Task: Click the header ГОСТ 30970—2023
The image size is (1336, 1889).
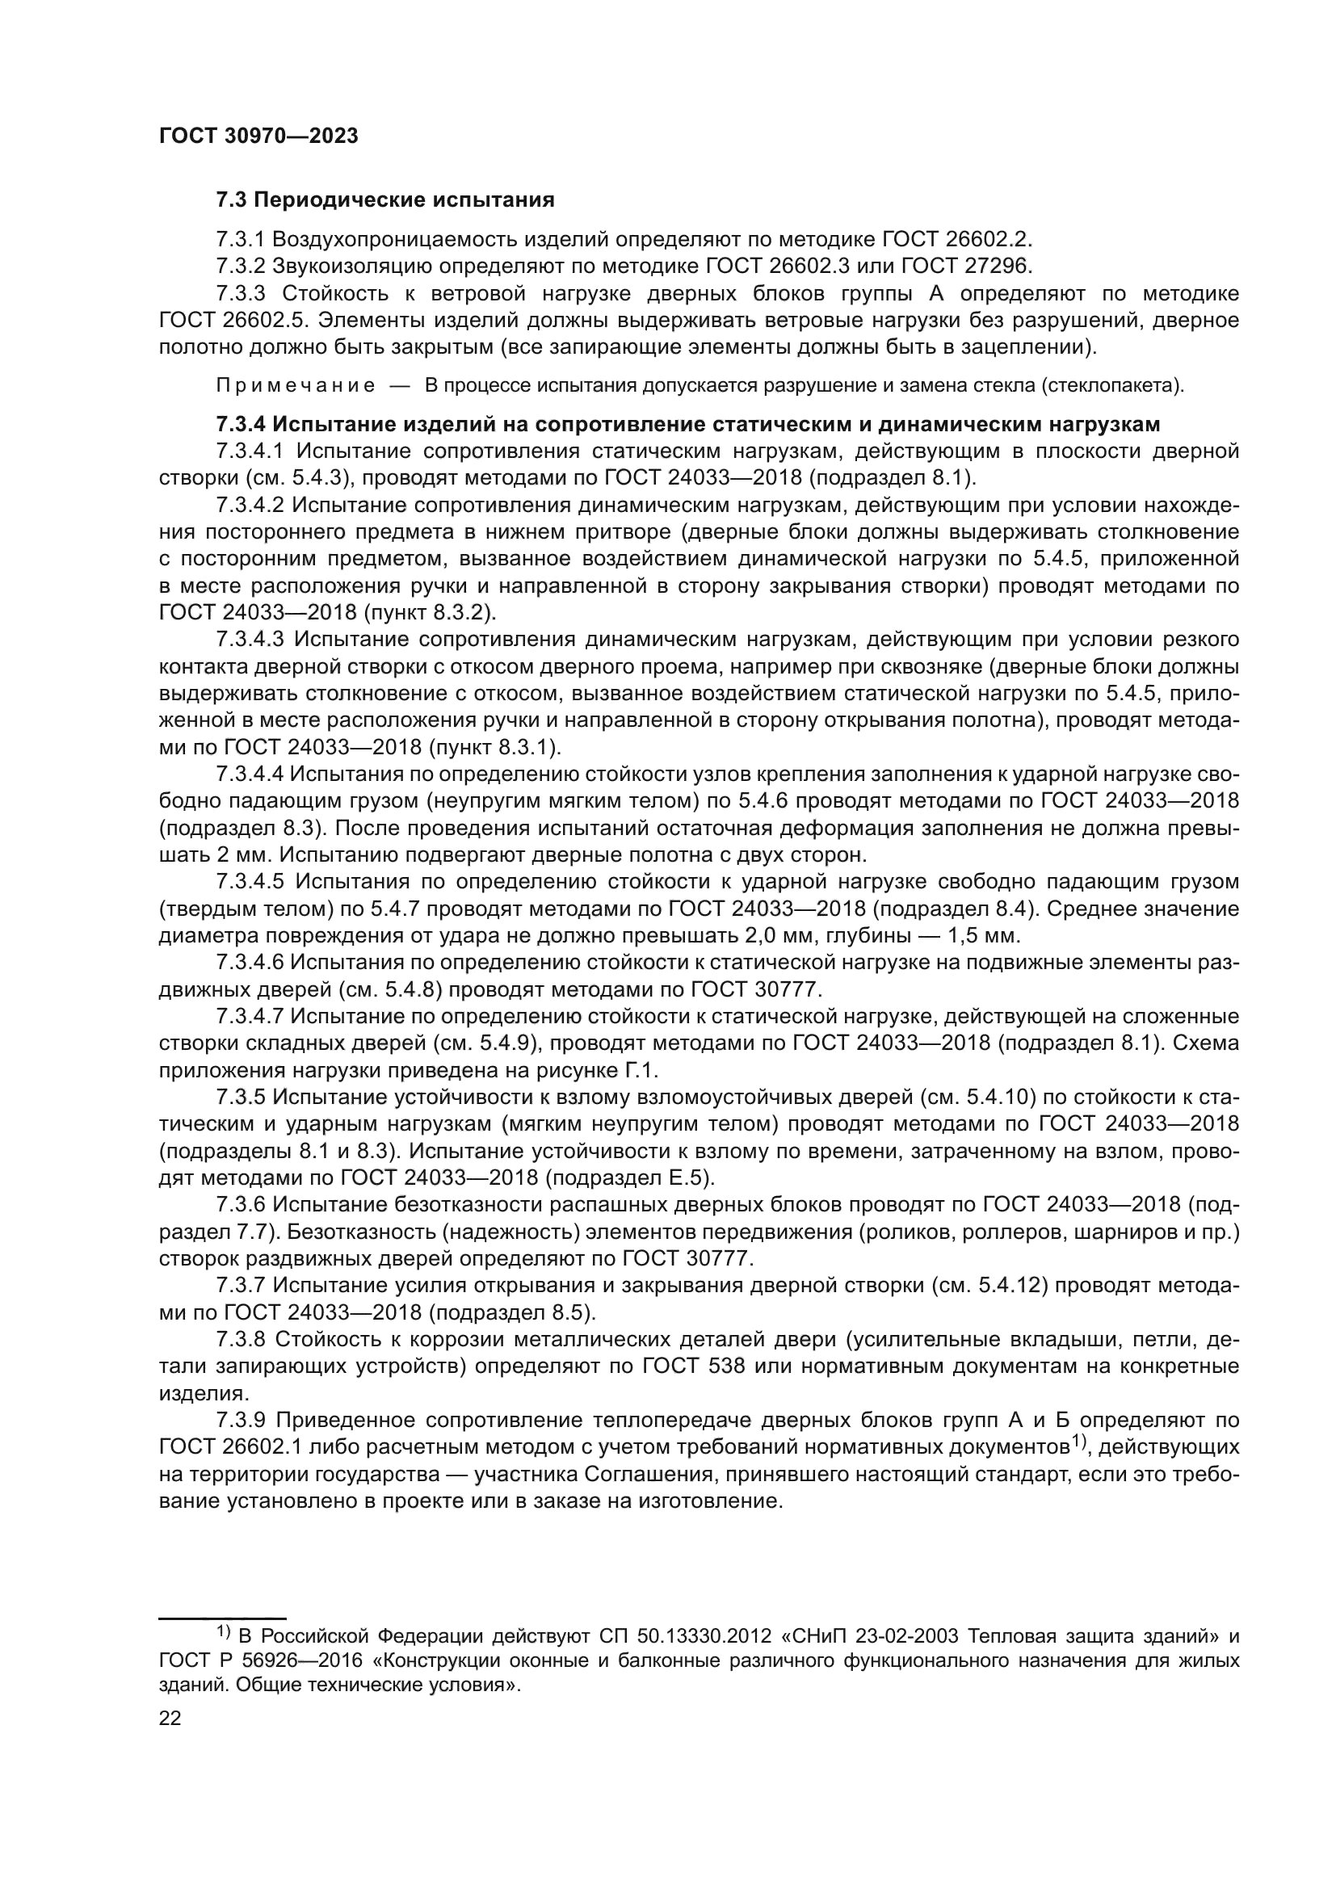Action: pos(258,136)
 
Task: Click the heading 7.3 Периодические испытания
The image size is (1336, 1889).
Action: pos(385,200)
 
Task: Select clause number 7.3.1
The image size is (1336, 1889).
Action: pos(240,239)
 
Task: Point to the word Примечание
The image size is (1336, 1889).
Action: pos(296,386)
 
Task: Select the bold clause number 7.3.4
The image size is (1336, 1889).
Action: pos(241,425)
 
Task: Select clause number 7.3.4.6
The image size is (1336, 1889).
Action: pos(250,962)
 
